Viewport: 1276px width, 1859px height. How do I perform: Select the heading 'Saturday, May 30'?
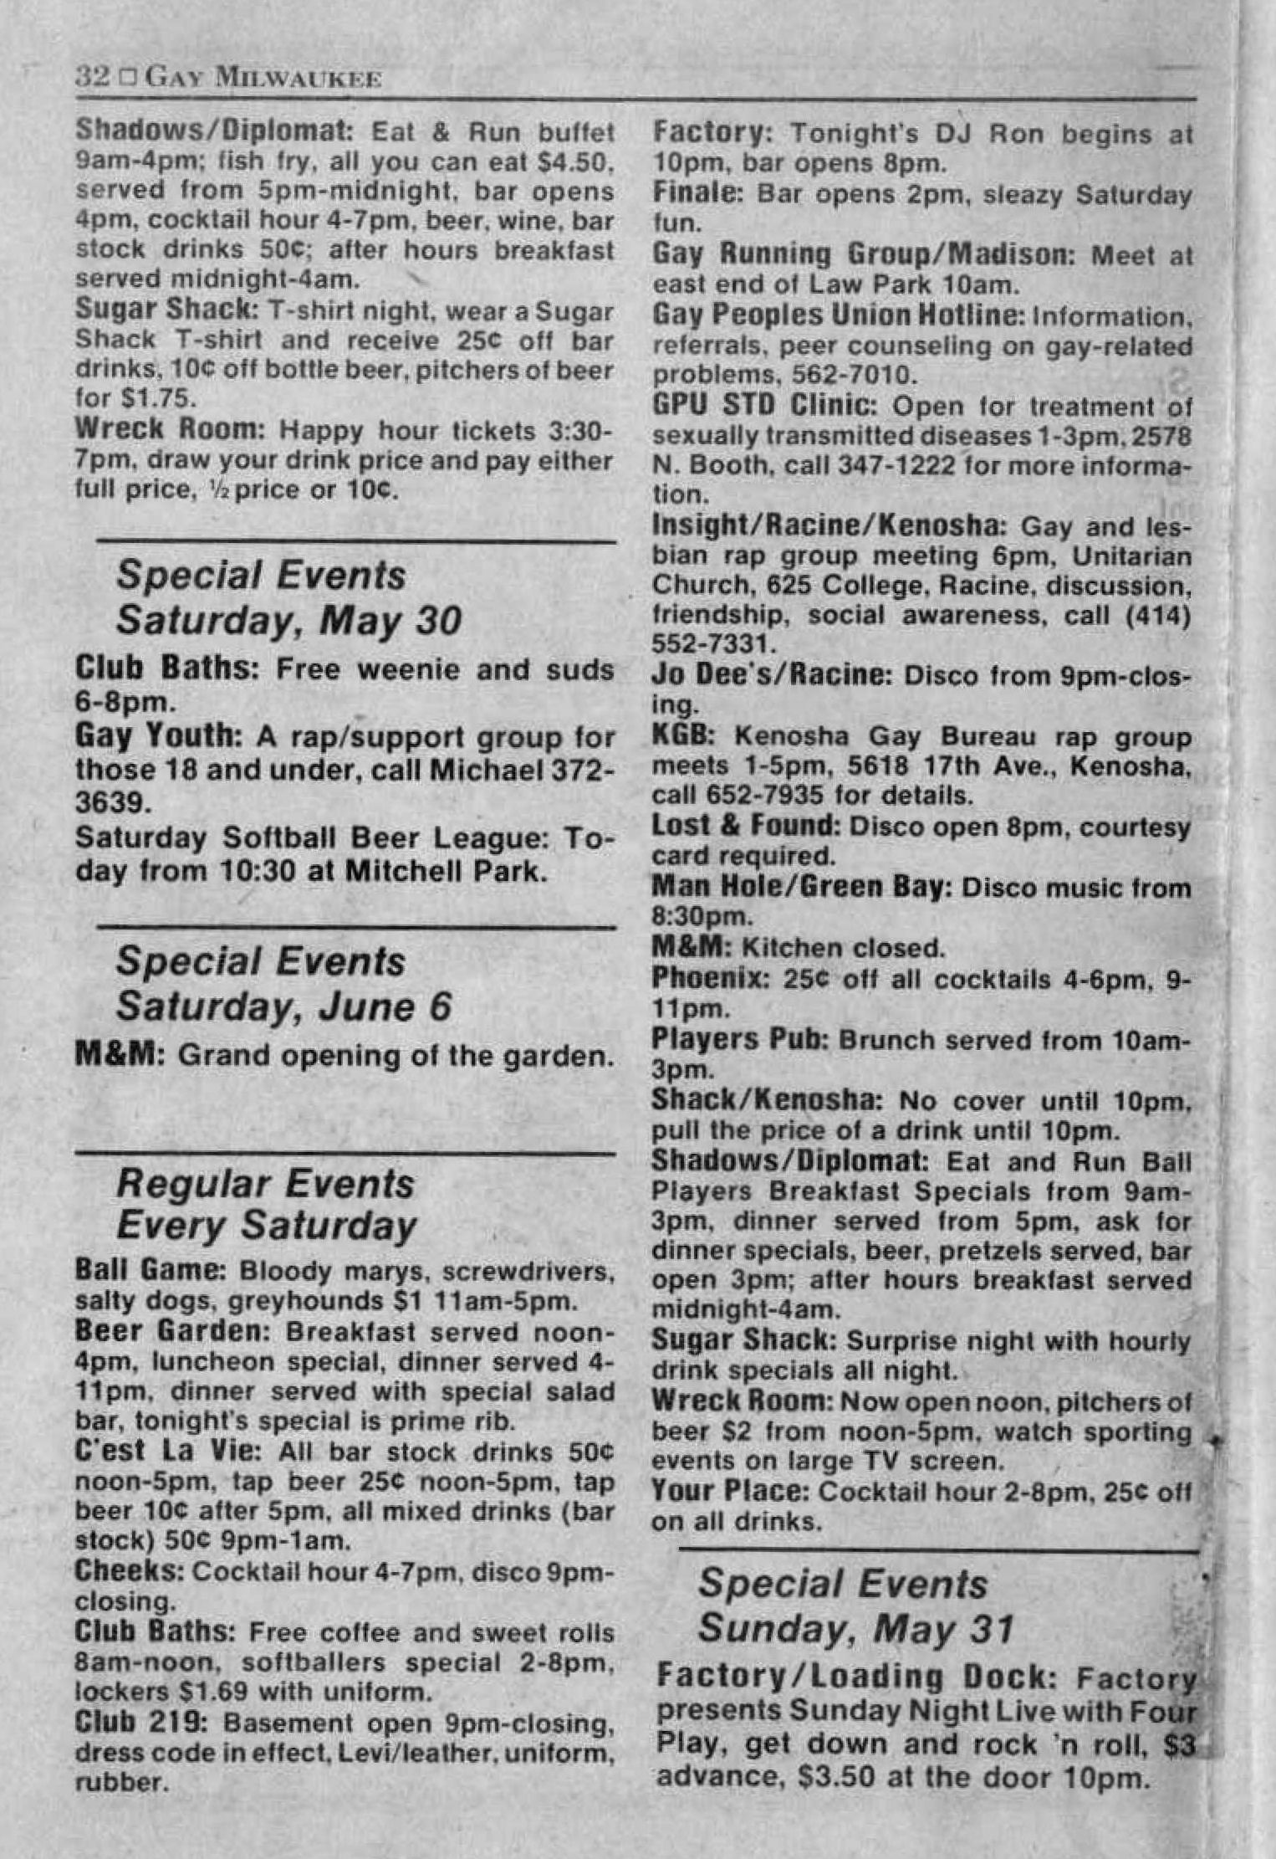(x=288, y=621)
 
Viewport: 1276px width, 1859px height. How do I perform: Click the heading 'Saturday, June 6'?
(x=283, y=1006)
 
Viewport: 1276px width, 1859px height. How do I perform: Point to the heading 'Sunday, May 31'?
(x=855, y=1628)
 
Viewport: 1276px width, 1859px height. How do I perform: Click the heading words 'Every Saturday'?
(x=266, y=1226)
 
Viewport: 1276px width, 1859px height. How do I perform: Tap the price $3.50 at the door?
(x=839, y=1777)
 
